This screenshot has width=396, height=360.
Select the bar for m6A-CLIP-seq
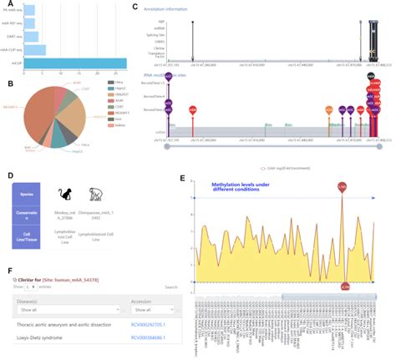coord(34,49)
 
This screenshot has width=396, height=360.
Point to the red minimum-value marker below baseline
coord(346,286)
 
